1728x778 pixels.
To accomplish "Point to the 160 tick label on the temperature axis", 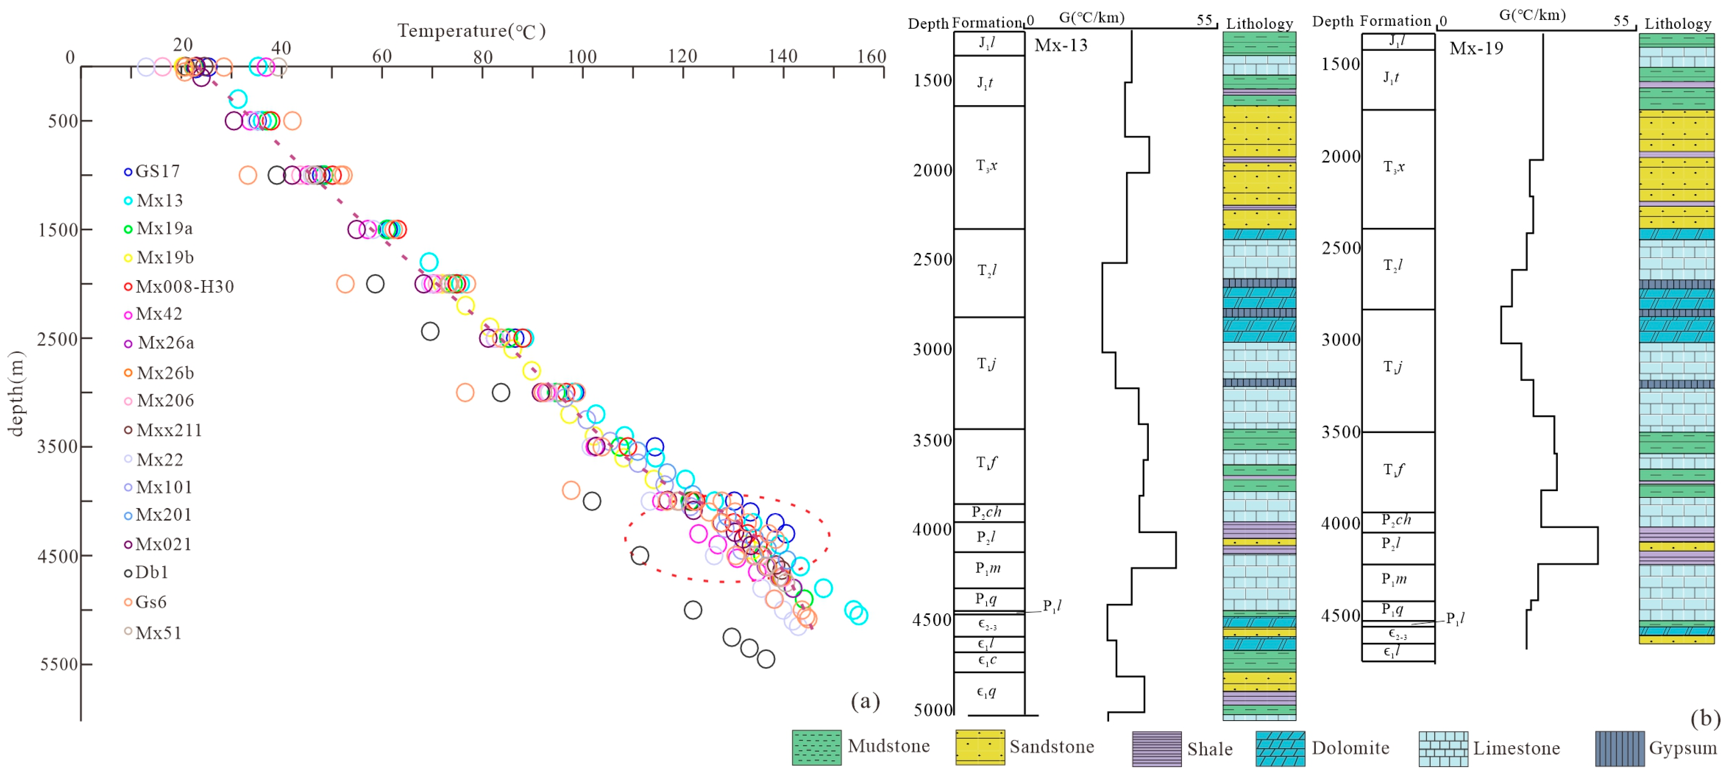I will [x=871, y=56].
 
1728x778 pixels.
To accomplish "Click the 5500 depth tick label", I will [x=59, y=665].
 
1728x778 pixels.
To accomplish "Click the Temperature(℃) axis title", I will [x=471, y=31].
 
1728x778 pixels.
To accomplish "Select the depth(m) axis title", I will [x=16, y=394].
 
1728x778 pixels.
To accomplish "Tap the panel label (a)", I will [x=865, y=701].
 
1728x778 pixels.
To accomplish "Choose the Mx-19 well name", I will [x=1476, y=48].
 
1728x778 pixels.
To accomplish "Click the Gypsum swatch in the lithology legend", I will [x=1619, y=749].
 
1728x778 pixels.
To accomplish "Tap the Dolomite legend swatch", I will [x=1280, y=749].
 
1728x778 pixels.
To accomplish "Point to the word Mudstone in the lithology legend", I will [x=888, y=746].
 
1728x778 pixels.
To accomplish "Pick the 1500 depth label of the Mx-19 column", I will [x=1340, y=64].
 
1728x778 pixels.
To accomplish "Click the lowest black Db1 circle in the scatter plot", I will [x=765, y=659].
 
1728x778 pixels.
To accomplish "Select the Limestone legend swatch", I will [x=1443, y=749].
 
